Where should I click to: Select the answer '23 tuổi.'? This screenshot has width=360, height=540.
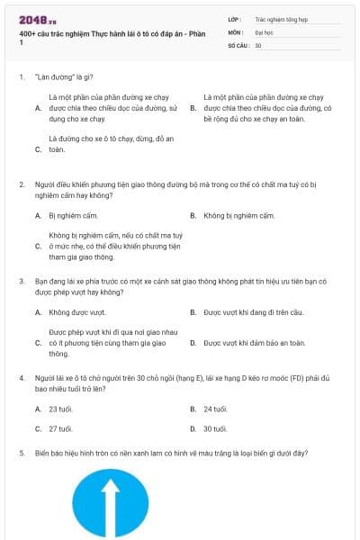pyautogui.click(x=60, y=409)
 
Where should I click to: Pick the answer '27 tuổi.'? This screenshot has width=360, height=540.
pyautogui.click(x=60, y=429)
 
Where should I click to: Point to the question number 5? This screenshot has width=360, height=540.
pyautogui.click(x=21, y=454)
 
